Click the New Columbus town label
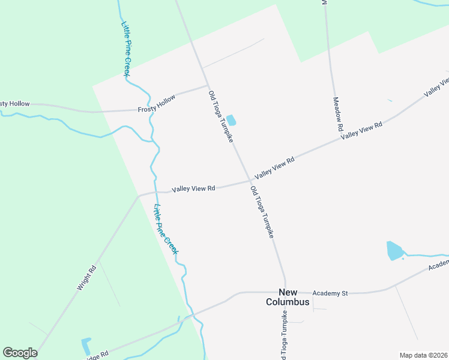pos(288,296)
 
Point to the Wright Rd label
pos(86,278)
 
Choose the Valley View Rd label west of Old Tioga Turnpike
pos(193,188)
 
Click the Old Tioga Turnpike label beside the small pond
pos(220,117)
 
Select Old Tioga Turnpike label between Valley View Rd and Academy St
pos(262,213)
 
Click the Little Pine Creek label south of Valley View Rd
pos(166,229)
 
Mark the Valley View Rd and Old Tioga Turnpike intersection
pos(250,181)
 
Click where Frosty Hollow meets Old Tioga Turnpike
pos(207,85)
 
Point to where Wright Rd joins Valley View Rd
pos(139,195)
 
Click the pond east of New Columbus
pos(394,250)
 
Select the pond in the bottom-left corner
pos(85,346)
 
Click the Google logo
pos(20,353)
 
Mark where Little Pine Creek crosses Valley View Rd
pos(156,192)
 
